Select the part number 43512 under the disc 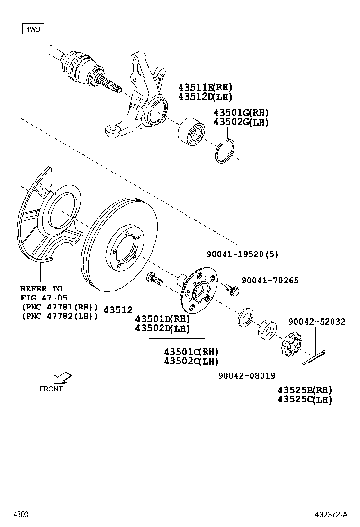[x=118, y=309]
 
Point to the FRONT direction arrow [x=62, y=378]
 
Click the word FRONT [x=51, y=389]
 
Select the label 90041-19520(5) [x=242, y=254]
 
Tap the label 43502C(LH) [x=191, y=362]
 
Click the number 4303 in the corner [x=21, y=515]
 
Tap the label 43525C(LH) [x=305, y=400]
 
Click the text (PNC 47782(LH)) [x=60, y=316]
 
